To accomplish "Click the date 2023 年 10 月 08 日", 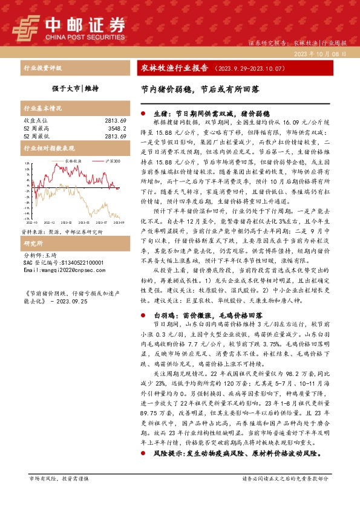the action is pyautogui.click(x=323, y=54).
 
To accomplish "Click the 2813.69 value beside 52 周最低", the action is pyautogui.click(x=113, y=135).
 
